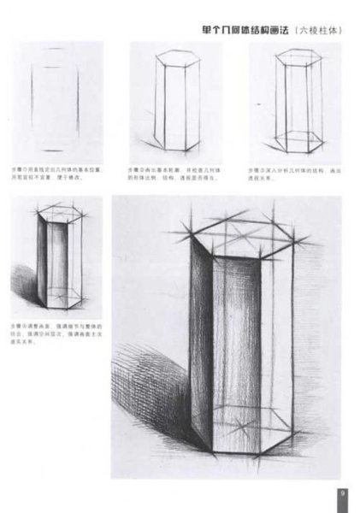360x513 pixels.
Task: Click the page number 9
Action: point(342,493)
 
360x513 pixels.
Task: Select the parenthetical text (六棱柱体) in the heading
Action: point(317,29)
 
